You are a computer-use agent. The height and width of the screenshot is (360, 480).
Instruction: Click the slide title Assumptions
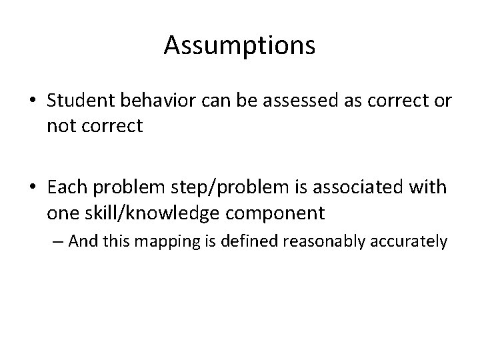click(239, 45)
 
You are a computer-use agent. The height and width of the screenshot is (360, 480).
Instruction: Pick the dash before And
click(57, 241)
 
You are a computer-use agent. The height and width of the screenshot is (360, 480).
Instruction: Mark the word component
click(281, 213)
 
